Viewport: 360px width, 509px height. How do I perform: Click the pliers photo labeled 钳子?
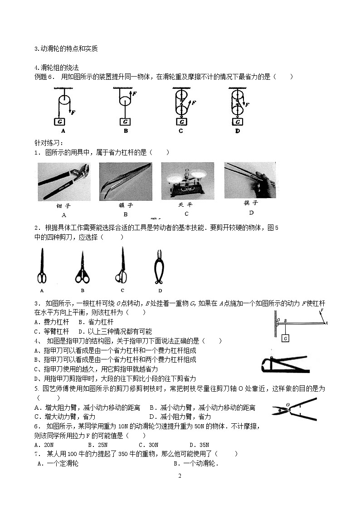(64, 182)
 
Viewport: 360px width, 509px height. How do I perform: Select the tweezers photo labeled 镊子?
(125, 181)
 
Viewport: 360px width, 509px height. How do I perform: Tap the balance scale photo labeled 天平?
(187, 180)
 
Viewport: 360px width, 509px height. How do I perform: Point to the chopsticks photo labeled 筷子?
(249, 180)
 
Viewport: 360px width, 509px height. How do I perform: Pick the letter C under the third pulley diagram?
(181, 131)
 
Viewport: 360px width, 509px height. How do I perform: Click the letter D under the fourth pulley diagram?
(237, 131)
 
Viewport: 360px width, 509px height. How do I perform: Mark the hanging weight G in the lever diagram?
(285, 338)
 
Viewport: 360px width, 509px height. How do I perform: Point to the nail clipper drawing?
(285, 363)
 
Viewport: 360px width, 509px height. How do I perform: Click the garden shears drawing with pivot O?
(294, 407)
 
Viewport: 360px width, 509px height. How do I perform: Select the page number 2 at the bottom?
(180, 475)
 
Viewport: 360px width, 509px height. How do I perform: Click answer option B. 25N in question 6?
(97, 445)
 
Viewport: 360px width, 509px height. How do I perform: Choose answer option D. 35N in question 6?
(199, 445)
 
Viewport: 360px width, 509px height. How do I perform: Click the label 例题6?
(44, 77)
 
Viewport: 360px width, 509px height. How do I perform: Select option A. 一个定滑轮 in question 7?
(58, 463)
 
